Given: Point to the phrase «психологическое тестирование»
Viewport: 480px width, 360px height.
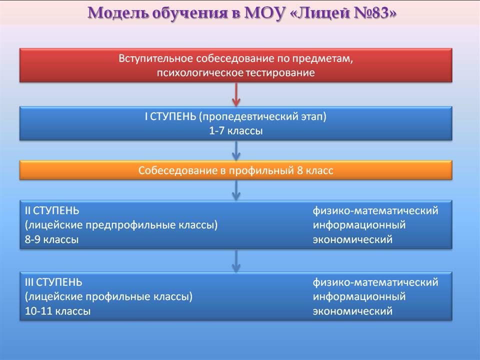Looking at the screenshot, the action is (x=235, y=73).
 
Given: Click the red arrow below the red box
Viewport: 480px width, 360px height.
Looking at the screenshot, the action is (x=236, y=94).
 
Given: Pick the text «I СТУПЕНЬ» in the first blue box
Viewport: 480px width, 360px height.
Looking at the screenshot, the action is (x=170, y=116).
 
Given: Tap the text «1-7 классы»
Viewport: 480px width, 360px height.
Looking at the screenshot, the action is (x=235, y=131).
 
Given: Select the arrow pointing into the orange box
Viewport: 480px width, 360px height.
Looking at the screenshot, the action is (x=236, y=150).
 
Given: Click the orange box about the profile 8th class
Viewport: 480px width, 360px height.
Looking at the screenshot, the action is (x=235, y=170).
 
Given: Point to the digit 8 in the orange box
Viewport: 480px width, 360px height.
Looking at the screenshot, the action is (x=299, y=170).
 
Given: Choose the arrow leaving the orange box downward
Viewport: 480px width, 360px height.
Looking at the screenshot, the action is (x=236, y=190).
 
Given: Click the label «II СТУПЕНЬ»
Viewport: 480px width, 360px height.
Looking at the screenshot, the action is (x=52, y=210).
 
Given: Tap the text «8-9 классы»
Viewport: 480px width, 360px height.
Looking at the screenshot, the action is (x=51, y=239).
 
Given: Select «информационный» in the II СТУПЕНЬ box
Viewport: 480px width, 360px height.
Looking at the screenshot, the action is (x=359, y=225).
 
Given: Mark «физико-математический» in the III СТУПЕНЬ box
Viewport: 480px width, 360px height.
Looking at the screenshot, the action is (x=375, y=282).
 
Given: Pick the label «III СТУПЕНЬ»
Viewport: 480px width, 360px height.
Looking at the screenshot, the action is (x=53, y=282).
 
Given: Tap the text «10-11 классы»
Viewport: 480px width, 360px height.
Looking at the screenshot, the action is (x=58, y=311).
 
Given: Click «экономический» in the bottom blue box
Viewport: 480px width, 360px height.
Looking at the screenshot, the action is (x=352, y=311).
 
